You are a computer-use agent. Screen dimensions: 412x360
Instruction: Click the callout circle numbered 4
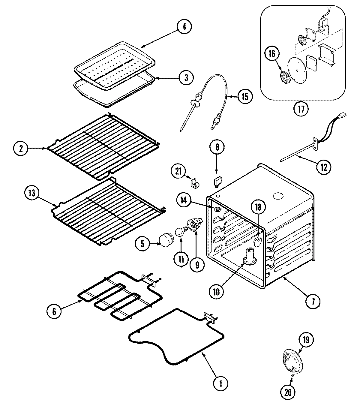(x=184, y=27)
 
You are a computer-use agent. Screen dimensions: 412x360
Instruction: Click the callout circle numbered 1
(x=220, y=383)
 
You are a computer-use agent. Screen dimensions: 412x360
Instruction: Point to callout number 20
(x=288, y=393)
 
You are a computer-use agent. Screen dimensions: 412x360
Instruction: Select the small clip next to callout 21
(x=194, y=182)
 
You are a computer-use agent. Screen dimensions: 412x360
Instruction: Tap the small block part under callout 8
(x=217, y=181)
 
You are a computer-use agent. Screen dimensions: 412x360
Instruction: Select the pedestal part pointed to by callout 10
(x=250, y=258)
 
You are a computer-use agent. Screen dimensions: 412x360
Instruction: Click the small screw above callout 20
(x=292, y=375)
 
